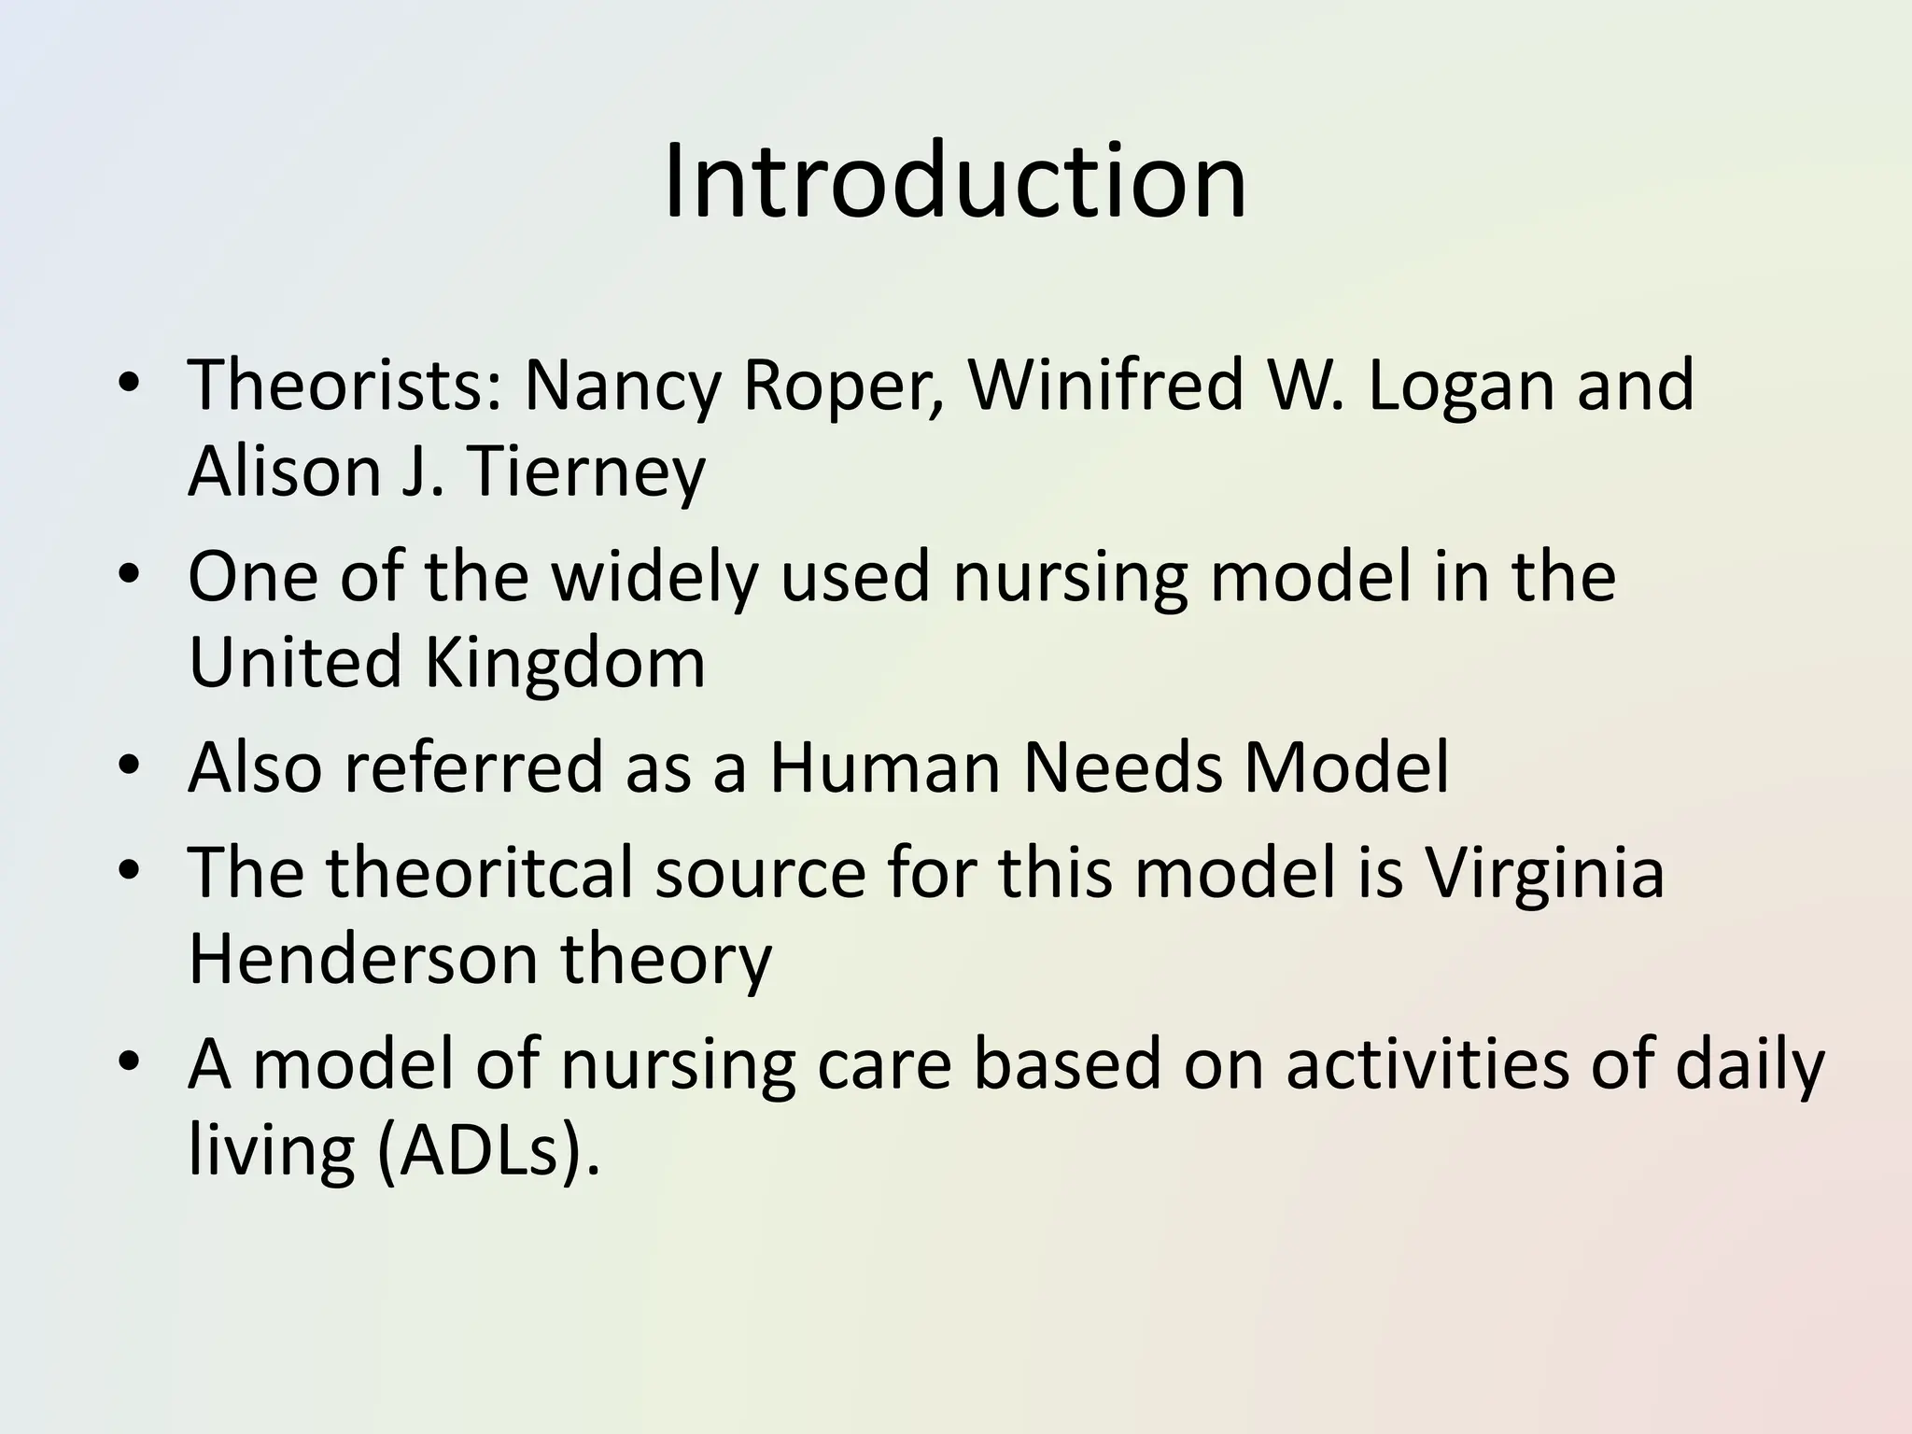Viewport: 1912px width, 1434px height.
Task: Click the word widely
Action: tap(654, 576)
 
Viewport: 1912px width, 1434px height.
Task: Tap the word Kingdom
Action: tap(564, 662)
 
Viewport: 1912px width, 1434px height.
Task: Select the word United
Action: tap(295, 662)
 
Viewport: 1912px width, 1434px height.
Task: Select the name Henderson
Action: tap(363, 959)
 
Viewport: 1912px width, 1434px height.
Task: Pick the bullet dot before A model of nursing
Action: tap(129, 1064)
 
